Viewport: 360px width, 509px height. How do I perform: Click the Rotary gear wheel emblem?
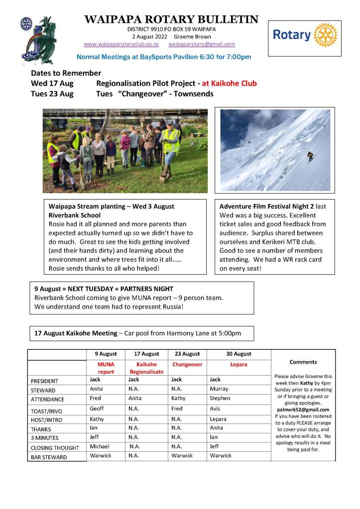point(326,35)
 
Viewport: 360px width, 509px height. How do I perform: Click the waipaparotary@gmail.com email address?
point(202,44)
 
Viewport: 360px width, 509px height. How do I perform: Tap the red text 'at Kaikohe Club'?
point(230,83)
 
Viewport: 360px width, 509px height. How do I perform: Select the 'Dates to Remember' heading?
point(66,73)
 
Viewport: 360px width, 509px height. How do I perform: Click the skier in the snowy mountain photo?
point(310,155)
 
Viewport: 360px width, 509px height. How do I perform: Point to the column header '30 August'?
point(239,354)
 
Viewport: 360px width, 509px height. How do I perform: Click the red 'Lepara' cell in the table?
point(239,364)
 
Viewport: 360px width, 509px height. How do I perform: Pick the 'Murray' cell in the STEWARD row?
point(219,389)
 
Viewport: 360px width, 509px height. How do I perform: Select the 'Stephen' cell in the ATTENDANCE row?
point(220,398)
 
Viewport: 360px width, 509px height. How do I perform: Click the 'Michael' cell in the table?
point(100,446)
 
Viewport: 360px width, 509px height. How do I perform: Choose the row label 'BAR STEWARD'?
point(49,457)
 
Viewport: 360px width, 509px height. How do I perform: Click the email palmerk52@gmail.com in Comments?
point(303,409)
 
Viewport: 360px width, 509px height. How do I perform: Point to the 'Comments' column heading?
point(303,362)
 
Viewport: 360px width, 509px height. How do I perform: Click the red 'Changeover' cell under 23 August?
point(187,364)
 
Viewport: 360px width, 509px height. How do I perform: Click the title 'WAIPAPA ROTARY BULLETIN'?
point(171,19)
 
